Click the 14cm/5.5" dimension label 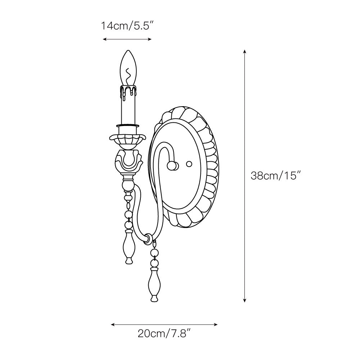127,26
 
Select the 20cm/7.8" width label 164,333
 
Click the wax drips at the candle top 128,92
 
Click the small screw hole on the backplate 189,164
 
